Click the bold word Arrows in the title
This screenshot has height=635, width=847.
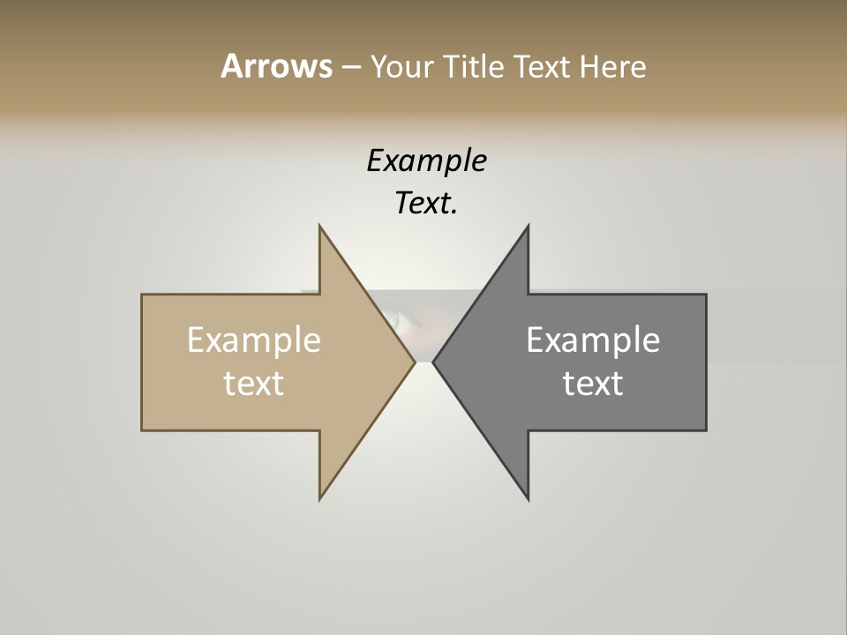(x=276, y=66)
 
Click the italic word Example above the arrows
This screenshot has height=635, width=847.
(x=426, y=161)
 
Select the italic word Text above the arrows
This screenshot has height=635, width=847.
(x=424, y=204)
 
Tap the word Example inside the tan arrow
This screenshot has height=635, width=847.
(x=254, y=340)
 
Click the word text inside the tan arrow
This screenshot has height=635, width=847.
(x=254, y=384)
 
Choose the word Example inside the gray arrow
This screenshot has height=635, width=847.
(x=593, y=340)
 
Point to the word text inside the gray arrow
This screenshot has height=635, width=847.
(x=593, y=384)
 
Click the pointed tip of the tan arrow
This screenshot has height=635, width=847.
(x=414, y=362)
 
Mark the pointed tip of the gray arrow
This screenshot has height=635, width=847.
(x=434, y=362)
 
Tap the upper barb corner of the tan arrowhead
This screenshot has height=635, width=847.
(x=320, y=227)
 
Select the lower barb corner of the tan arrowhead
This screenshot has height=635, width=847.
(x=320, y=498)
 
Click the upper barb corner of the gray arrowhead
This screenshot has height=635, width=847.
(x=528, y=227)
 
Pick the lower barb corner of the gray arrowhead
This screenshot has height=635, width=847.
(x=528, y=498)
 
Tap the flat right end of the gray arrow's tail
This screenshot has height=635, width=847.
(x=705, y=362)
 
